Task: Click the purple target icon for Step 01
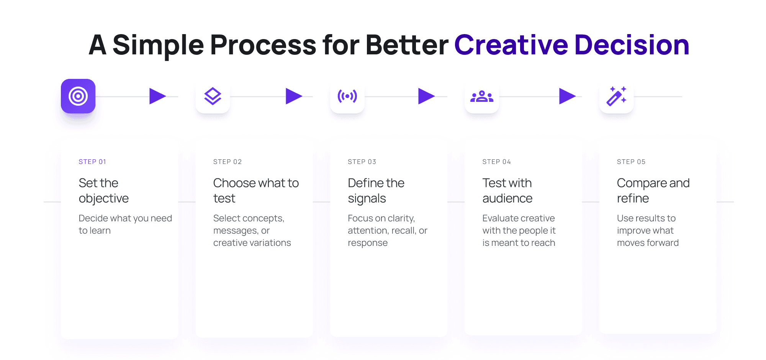(x=78, y=96)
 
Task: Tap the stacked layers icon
(x=213, y=96)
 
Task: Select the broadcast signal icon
(x=347, y=96)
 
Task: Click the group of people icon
(x=482, y=96)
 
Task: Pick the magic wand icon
(x=616, y=96)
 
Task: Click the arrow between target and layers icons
(x=157, y=96)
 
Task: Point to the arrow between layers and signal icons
(x=293, y=96)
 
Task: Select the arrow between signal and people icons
(x=426, y=96)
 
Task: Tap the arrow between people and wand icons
(x=567, y=96)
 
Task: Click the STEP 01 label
(x=92, y=162)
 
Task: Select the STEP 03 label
(x=362, y=162)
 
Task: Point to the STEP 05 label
(x=631, y=162)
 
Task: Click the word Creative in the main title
(x=511, y=45)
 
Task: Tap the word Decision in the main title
(x=632, y=45)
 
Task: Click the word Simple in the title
(x=158, y=45)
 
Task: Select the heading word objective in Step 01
(x=104, y=198)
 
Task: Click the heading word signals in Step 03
(x=367, y=198)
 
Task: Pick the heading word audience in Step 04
(x=507, y=198)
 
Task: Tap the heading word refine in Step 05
(x=633, y=198)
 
